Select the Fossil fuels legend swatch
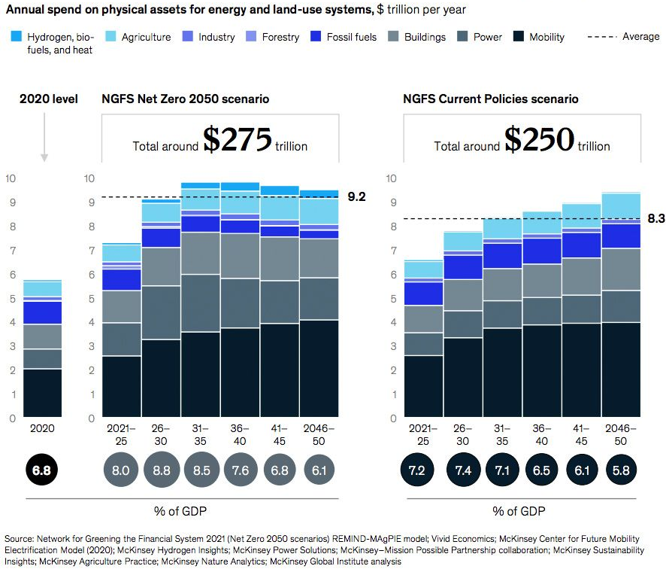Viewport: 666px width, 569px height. [x=318, y=37]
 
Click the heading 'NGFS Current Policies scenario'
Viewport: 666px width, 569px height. [x=491, y=99]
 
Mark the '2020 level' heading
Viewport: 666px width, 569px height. [x=44, y=99]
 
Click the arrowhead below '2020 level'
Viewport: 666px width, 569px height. [x=44, y=157]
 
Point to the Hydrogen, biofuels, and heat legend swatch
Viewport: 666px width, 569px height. [x=17, y=37]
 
